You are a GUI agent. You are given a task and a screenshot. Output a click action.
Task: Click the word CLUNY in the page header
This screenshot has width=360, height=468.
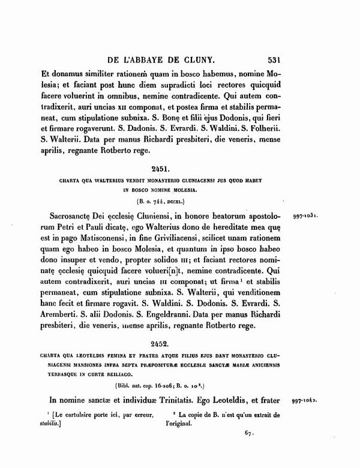pos(205,60)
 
